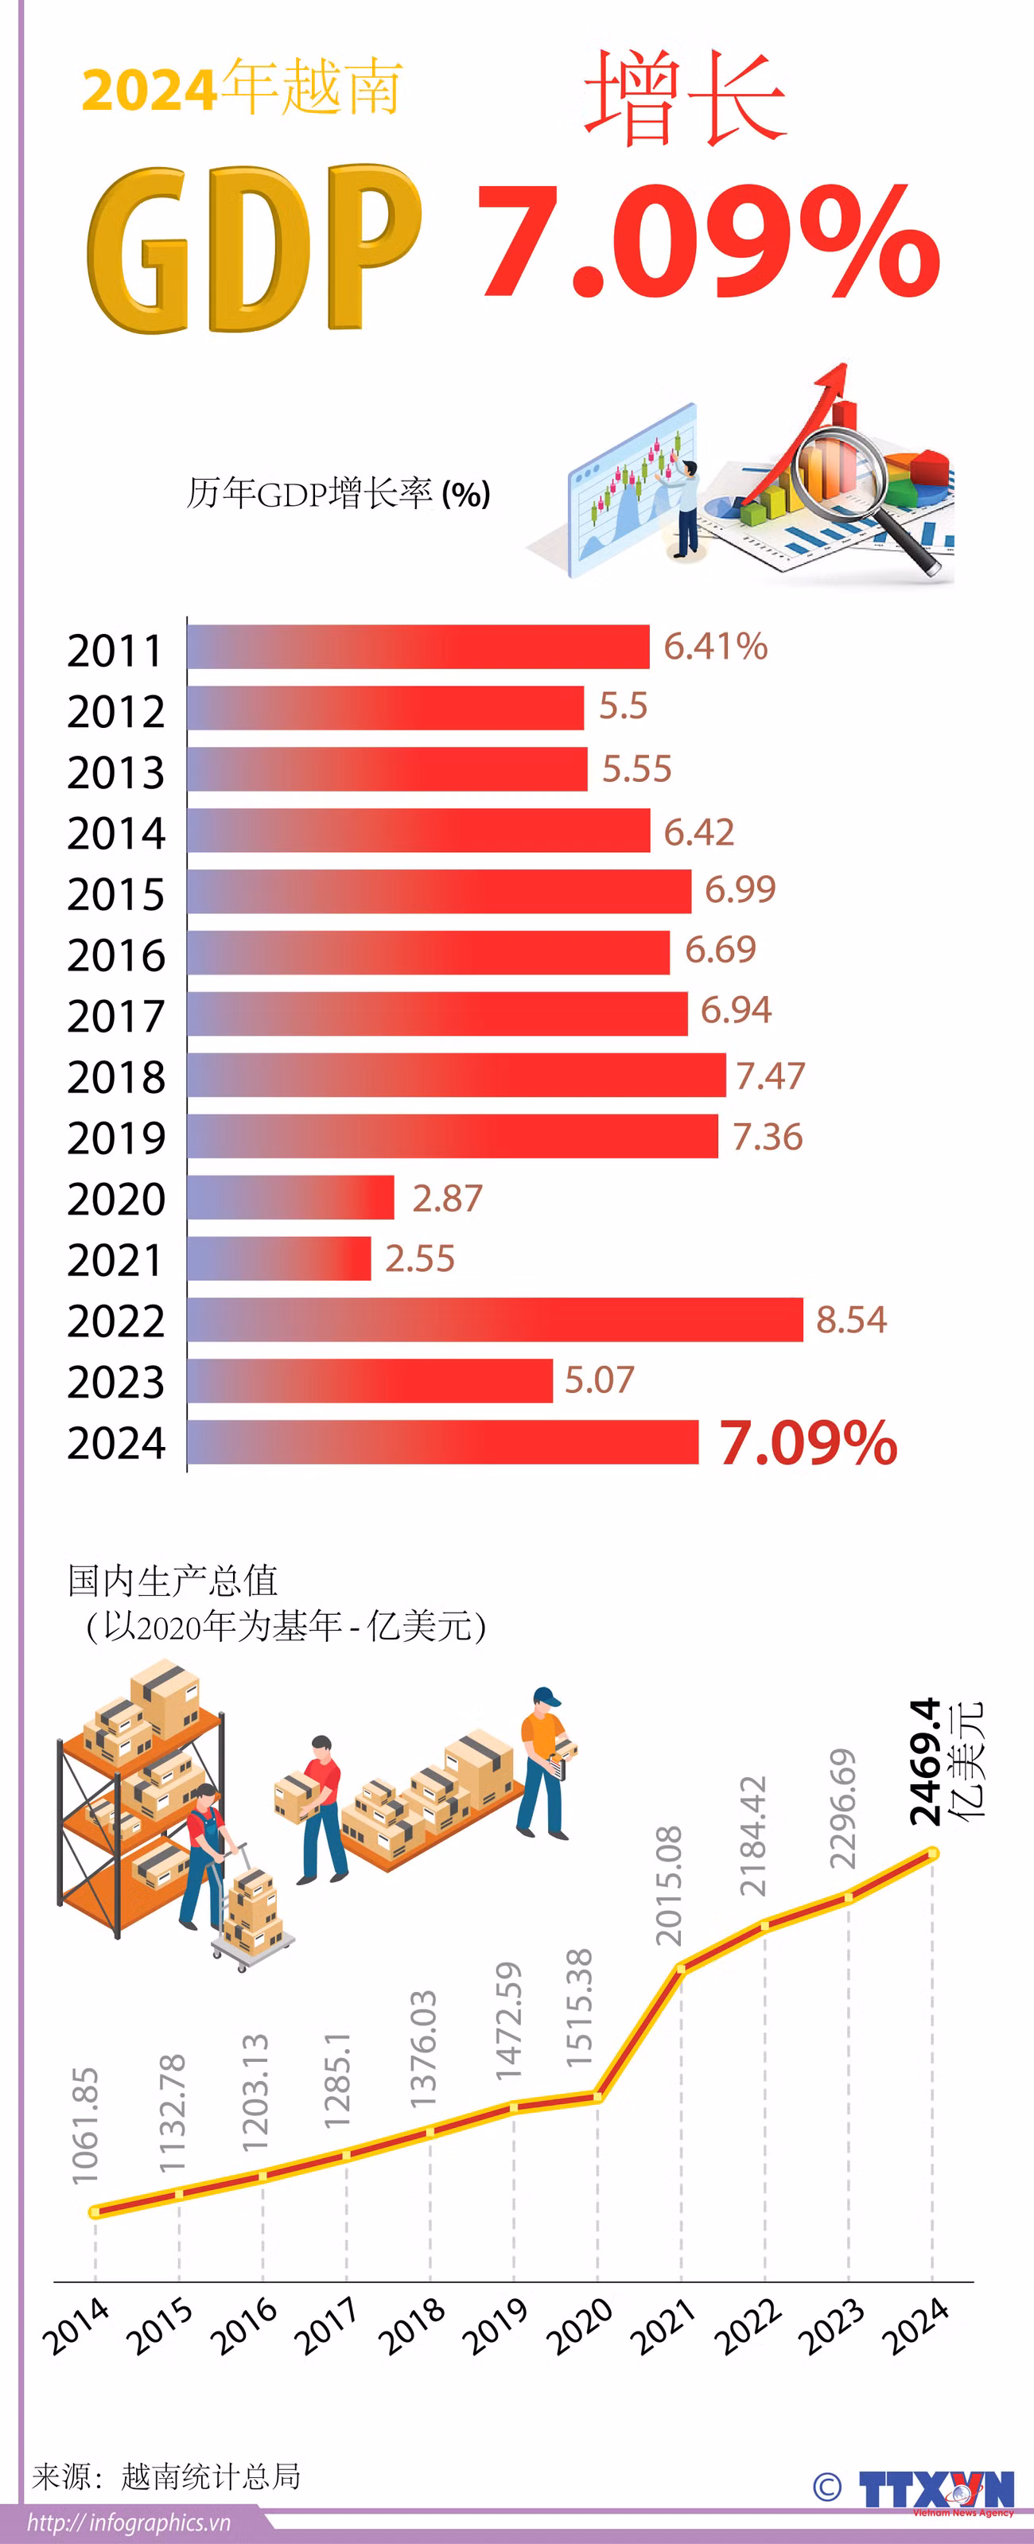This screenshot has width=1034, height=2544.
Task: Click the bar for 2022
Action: click(x=494, y=1320)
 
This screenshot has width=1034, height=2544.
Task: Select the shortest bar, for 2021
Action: click(x=278, y=1258)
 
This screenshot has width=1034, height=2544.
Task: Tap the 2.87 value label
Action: click(x=446, y=1198)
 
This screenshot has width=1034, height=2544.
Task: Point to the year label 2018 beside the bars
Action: click(x=115, y=1076)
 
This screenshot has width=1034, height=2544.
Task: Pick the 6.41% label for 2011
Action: click(x=715, y=647)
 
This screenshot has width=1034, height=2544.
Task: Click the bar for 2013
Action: click(x=387, y=768)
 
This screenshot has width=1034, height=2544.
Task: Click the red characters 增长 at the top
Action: click(x=683, y=99)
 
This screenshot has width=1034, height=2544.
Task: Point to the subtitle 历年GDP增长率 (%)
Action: click(x=338, y=492)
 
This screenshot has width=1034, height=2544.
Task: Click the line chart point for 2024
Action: click(x=931, y=1854)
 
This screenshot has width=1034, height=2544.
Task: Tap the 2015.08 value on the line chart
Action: click(x=669, y=1886)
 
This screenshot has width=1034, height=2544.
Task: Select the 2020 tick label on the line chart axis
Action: click(x=581, y=2328)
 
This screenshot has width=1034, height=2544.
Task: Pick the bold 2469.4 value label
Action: click(x=924, y=1763)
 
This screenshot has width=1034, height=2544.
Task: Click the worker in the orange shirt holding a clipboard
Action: click(x=543, y=1763)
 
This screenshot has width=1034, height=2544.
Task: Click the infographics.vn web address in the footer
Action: click(x=128, y=2523)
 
